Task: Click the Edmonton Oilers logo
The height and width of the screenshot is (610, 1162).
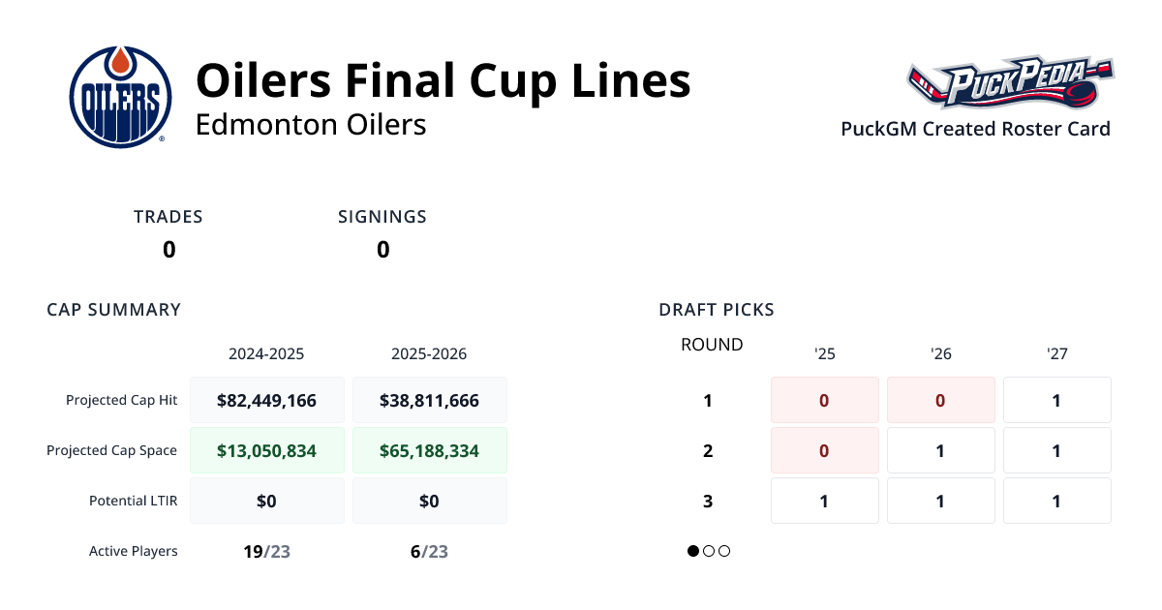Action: [x=120, y=97]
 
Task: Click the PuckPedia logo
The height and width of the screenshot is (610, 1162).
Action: [x=1009, y=85]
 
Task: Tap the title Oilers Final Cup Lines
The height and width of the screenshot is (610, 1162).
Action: [x=443, y=81]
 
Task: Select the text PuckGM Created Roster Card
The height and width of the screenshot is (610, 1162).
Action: [x=975, y=129]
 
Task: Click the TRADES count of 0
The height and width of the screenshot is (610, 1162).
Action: [x=168, y=250]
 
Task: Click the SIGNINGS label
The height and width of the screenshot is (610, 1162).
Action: [x=382, y=217]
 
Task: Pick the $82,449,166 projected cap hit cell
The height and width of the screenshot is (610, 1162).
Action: [x=266, y=400]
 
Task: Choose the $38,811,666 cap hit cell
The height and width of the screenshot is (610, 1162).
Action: [x=429, y=400]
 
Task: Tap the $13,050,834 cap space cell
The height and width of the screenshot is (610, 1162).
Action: [x=266, y=450]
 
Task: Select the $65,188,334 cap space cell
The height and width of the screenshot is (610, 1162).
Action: [x=429, y=450]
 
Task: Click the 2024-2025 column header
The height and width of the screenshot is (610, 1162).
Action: [x=266, y=353]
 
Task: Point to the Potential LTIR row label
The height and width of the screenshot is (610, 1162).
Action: [x=133, y=501]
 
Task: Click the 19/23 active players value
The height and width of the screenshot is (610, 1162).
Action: [x=266, y=551]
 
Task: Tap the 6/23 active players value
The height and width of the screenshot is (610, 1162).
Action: [x=429, y=551]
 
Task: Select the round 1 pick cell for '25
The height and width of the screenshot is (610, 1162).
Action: [x=824, y=400]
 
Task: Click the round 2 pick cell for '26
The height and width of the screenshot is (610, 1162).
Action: [x=940, y=450]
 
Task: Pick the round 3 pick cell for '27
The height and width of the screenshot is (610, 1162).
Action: [x=1056, y=501]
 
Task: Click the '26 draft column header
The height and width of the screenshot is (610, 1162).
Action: [x=940, y=353]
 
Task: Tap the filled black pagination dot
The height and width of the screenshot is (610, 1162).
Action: [x=693, y=551]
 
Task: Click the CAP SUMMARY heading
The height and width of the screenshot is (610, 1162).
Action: [x=114, y=310]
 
